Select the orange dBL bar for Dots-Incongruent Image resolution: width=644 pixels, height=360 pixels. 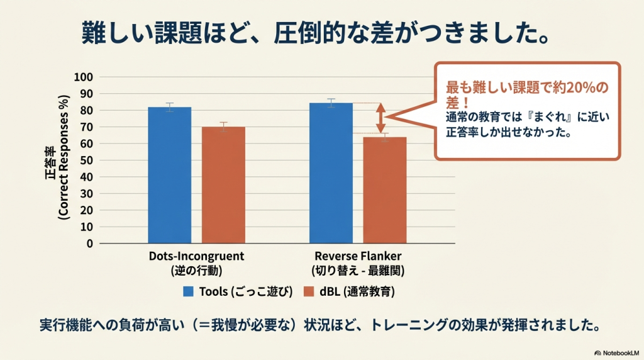(223, 185)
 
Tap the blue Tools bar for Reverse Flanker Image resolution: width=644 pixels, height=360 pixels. (331, 172)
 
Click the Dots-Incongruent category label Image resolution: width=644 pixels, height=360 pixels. (196, 257)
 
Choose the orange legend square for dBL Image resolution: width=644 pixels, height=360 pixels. (309, 291)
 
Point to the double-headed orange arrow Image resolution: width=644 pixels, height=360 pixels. (380, 118)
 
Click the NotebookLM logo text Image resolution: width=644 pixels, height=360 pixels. (619, 352)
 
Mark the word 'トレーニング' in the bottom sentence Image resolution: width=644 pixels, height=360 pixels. (404, 325)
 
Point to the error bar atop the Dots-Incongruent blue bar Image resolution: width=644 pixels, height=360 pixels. (170, 107)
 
